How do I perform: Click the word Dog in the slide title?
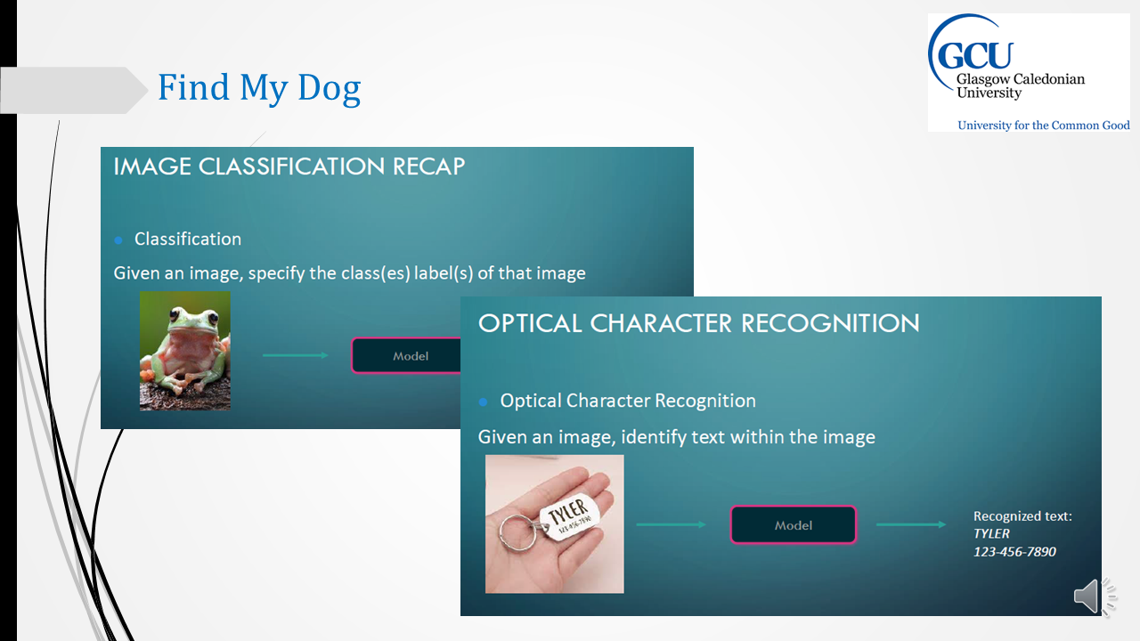329,87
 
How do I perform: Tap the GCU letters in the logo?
974,55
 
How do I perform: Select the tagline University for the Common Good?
1043,126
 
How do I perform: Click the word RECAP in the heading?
428,166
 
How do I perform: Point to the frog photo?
184,351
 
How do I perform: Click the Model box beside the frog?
406,355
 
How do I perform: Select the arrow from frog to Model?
295,355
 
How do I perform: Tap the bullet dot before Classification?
118,240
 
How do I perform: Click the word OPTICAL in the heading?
530,323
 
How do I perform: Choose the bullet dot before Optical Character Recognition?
483,402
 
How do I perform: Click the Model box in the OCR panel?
794,524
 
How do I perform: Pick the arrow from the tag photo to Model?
671,524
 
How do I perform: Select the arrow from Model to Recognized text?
911,524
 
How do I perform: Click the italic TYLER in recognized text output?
991,533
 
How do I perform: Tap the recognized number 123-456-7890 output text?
1014,552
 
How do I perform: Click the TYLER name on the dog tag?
569,510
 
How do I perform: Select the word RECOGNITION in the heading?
830,323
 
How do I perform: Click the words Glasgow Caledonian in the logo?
1021,80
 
